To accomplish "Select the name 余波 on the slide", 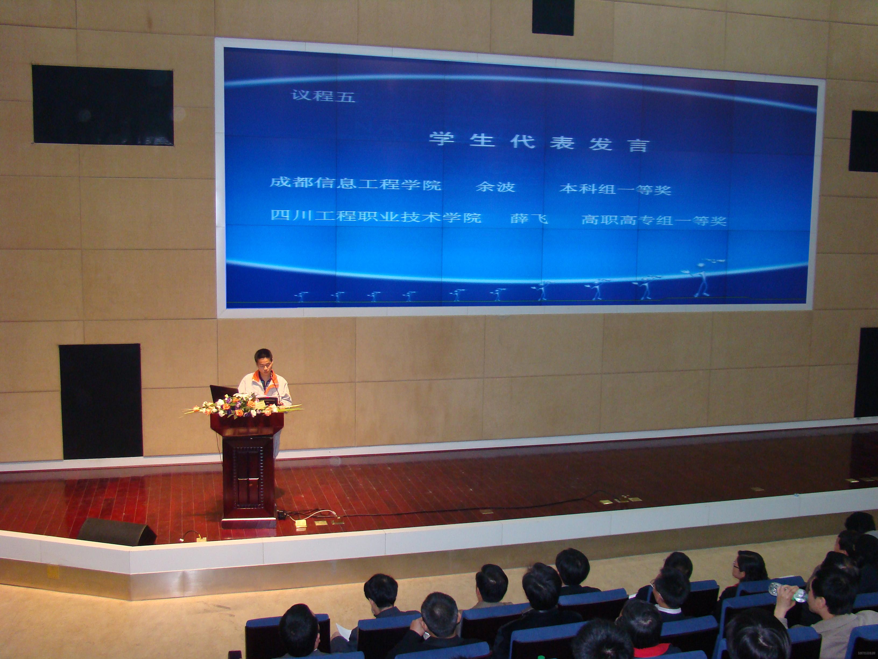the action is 495,186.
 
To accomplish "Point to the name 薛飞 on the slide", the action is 529,218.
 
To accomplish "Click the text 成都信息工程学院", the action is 355,184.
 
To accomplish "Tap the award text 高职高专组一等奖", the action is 654,219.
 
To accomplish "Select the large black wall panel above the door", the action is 102,105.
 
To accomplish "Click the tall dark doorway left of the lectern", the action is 101,401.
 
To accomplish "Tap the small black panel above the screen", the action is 553,17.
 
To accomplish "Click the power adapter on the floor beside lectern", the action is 281,515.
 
